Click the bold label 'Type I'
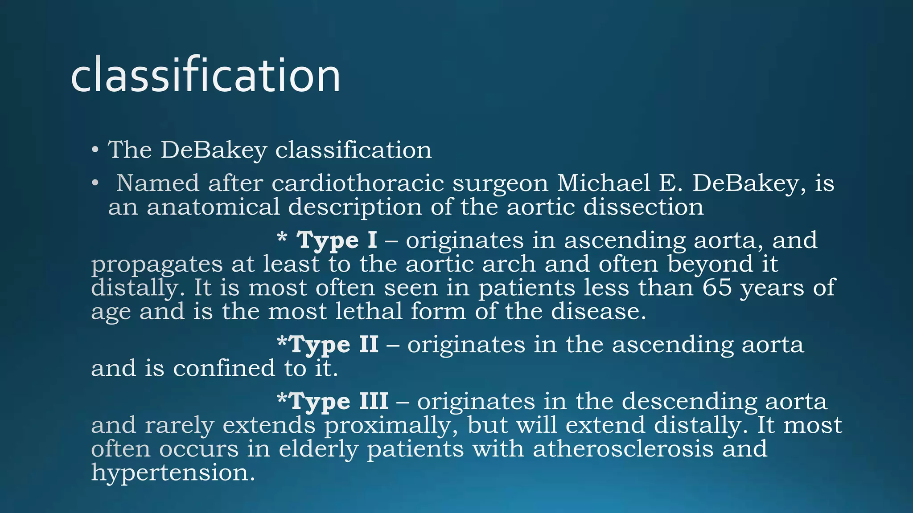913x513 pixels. coord(337,240)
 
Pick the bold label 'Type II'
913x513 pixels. coord(334,345)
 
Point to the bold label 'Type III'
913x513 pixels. coord(339,401)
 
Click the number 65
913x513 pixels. coord(717,287)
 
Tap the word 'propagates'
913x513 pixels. coord(156,265)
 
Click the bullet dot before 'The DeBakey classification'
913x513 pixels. coord(95,150)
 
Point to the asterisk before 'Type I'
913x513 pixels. coord(281,236)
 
